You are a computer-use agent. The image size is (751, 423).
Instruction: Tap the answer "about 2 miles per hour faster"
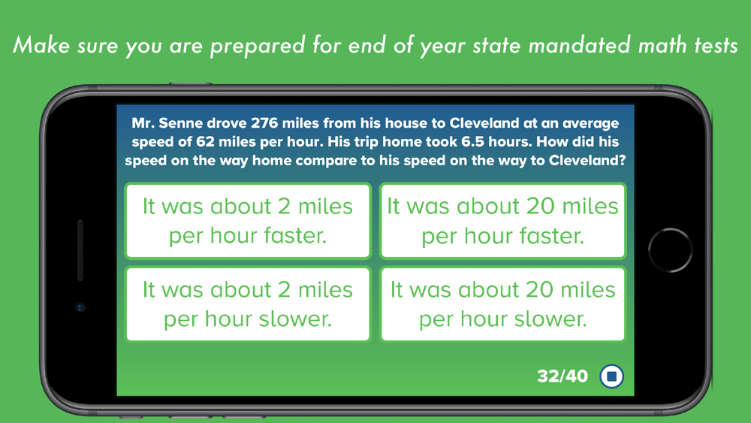tap(248, 221)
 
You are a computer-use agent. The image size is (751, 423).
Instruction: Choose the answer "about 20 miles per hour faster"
tap(503, 221)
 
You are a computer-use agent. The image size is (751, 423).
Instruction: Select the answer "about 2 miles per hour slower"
tap(248, 304)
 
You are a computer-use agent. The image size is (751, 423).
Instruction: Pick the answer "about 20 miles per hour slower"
tap(503, 304)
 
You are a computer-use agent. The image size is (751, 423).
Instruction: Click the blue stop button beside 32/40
tap(611, 376)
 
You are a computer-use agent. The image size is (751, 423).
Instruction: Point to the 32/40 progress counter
tap(562, 376)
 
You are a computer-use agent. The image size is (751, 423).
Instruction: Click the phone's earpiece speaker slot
tap(80, 249)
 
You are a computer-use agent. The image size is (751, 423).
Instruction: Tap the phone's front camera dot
tap(80, 307)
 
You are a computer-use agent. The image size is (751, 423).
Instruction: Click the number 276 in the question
tap(264, 123)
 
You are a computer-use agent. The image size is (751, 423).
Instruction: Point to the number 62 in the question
tap(204, 142)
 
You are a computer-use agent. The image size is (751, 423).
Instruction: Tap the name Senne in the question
tap(180, 123)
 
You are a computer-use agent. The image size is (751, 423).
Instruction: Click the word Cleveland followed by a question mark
tap(587, 160)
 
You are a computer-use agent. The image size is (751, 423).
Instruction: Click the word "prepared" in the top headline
tap(258, 47)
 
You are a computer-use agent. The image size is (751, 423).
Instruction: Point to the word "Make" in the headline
tap(41, 45)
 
